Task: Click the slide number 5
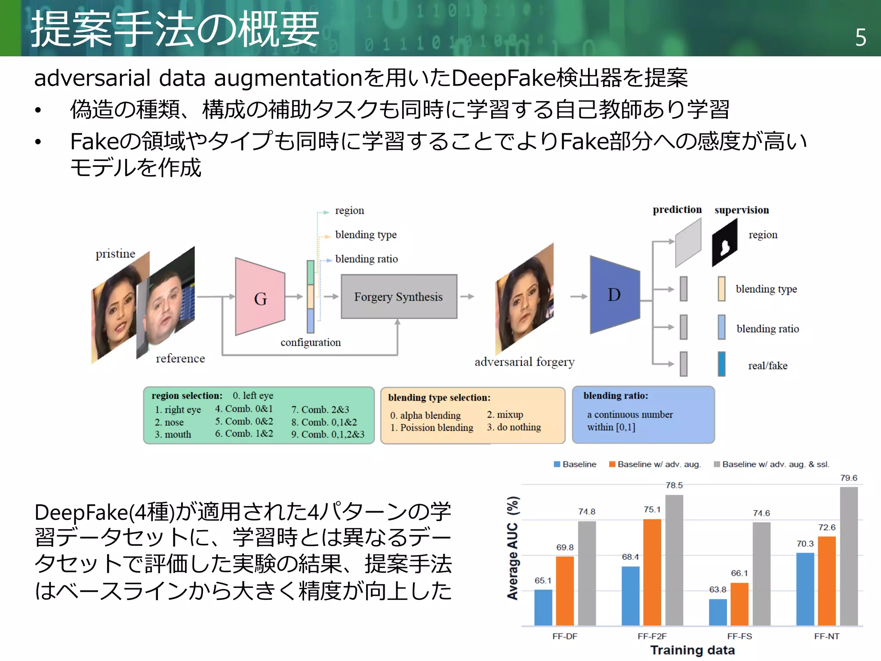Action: tap(860, 38)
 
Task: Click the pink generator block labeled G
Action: tap(260, 297)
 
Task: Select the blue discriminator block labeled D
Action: tap(614, 295)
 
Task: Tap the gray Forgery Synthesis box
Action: tap(399, 297)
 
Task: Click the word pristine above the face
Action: tap(115, 254)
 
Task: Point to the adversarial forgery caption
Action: tap(524, 362)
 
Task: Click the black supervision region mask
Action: tap(725, 243)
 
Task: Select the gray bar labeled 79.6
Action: tap(848, 555)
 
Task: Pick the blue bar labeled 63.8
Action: tap(718, 612)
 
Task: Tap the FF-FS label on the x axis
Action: tap(739, 636)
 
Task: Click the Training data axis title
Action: tap(692, 650)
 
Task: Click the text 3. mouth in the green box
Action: tap(173, 435)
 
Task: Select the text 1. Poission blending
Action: tap(431, 428)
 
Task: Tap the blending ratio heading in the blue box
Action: tap(615, 396)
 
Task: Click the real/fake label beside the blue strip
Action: tap(767, 366)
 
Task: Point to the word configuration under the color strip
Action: tap(311, 343)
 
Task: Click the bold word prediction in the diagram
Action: tap(677, 210)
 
